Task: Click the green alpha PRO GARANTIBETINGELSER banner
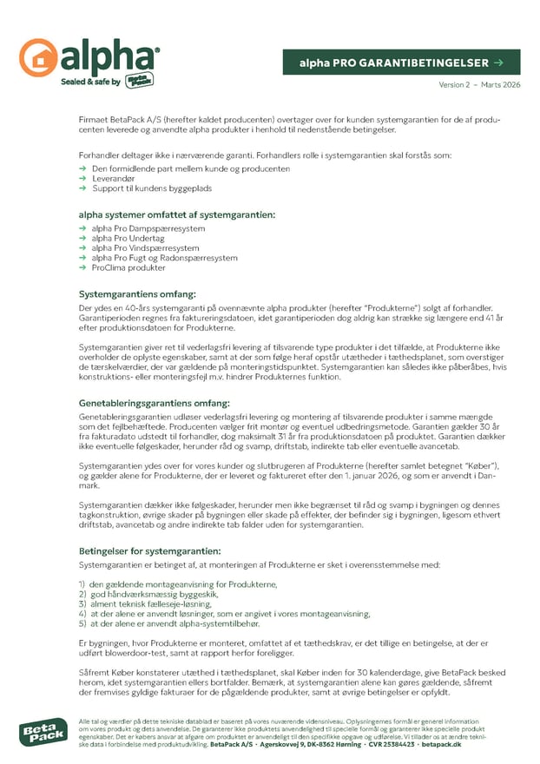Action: coord(401,63)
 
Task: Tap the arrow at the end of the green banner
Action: coord(497,63)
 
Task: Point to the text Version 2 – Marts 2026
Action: coord(479,85)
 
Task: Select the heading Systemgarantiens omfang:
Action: coord(137,294)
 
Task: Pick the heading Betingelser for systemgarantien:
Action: coord(149,550)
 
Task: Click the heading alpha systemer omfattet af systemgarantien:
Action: coord(177,214)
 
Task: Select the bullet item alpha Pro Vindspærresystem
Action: coord(145,248)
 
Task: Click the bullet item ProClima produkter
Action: coord(128,268)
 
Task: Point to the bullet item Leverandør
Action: coord(114,178)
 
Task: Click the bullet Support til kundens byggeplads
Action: coord(151,188)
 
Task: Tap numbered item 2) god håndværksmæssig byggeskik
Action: coord(154,594)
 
